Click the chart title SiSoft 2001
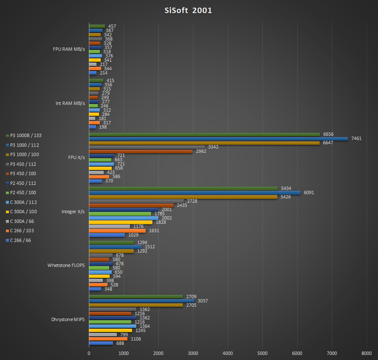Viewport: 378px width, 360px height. pos(188,11)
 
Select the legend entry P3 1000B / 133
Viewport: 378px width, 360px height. pos(25,135)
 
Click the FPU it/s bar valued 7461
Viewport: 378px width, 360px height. pos(218,139)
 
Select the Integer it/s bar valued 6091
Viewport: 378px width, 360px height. pos(195,193)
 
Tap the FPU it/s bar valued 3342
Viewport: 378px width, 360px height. pos(147,147)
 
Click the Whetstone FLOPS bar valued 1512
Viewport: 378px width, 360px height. pos(115,247)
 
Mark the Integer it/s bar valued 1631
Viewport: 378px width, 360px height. pos(117,231)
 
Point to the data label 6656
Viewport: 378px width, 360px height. pos(328,134)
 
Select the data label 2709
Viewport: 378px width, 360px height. pos(191,297)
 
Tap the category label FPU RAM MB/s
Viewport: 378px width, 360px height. pos(69,49)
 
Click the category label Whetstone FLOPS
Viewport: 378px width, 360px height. pos(66,265)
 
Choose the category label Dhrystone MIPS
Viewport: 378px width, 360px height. pos(68,319)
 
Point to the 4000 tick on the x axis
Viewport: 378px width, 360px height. pos(228,353)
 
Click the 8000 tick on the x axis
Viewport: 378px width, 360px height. pos(367,353)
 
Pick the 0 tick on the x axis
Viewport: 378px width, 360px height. pos(89,353)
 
